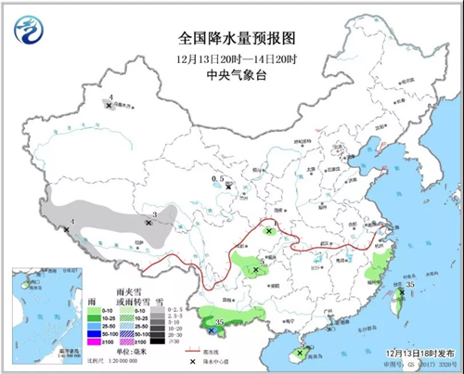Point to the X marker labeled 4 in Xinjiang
click(x=110, y=106)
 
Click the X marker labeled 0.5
click(x=228, y=186)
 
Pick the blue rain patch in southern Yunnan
click(x=213, y=329)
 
